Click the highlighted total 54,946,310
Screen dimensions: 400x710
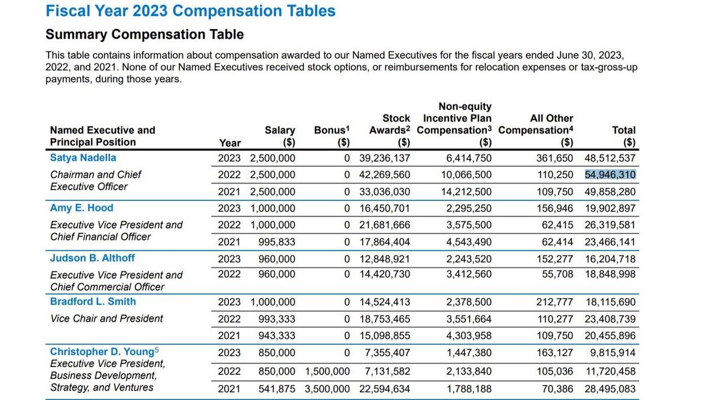tap(610, 175)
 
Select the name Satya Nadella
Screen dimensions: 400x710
tap(83, 158)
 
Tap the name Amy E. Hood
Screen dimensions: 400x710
tap(82, 208)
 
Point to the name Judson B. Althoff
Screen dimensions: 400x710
tap(92, 258)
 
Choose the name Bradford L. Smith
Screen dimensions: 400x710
tap(93, 301)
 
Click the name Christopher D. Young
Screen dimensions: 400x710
tap(102, 351)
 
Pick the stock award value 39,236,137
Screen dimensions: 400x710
tap(385, 158)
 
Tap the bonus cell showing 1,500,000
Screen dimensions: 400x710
tap(327, 371)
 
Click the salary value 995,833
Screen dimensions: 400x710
tap(276, 242)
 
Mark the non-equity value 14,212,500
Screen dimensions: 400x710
tap(466, 191)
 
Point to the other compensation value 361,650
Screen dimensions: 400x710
tap(554, 158)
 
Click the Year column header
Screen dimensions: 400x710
tap(230, 143)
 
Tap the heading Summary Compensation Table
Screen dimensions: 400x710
tap(144, 34)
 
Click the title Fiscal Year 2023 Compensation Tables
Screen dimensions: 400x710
tap(191, 11)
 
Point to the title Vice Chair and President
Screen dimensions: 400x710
tap(106, 318)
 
